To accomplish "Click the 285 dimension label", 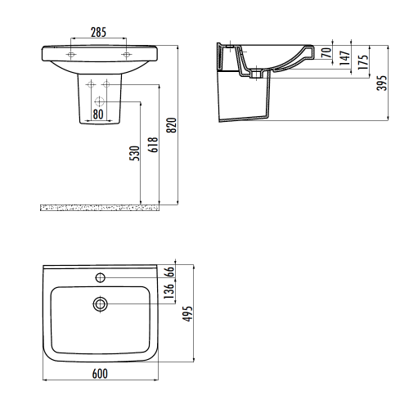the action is click(98, 32).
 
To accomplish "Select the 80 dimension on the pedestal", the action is click(98, 115).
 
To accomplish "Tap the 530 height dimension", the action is click(134, 153).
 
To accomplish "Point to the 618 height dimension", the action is click(153, 145).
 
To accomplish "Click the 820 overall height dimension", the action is click(172, 125).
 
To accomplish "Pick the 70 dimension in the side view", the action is click(326, 52).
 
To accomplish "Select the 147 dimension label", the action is click(345, 57).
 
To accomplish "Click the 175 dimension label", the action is click(363, 62).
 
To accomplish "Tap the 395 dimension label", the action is click(382, 83).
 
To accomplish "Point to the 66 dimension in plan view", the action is click(169, 272).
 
